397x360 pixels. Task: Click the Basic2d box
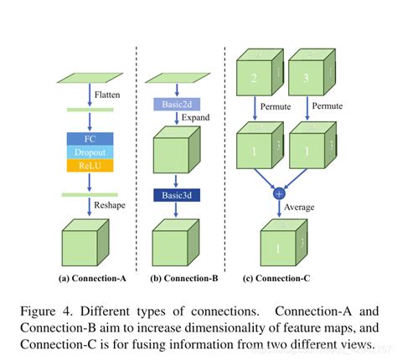point(173,105)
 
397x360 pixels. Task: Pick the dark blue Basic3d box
point(173,195)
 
